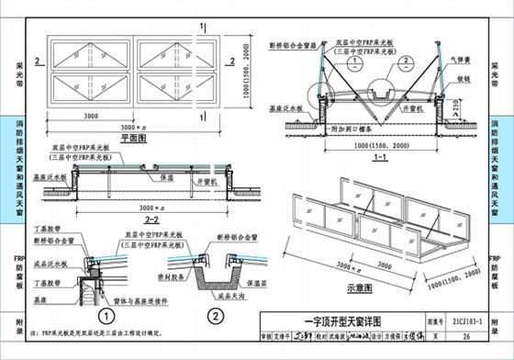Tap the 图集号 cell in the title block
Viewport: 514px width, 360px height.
436,322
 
